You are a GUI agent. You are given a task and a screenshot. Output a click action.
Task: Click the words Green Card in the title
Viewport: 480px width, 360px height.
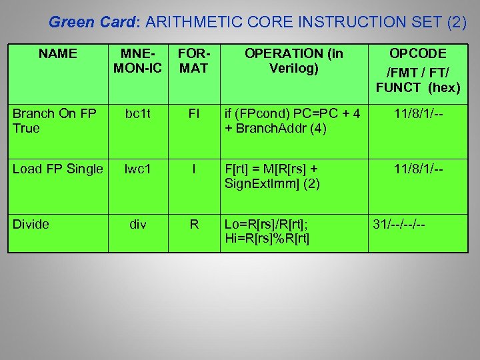pyautogui.click(x=92, y=22)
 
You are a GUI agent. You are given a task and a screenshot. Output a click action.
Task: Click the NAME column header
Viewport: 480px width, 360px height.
pyautogui.click(x=57, y=54)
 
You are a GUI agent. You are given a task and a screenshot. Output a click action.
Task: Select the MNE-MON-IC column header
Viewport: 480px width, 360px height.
pyautogui.click(x=138, y=61)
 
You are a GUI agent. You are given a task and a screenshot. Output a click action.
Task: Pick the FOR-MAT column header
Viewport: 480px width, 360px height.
pyautogui.click(x=194, y=61)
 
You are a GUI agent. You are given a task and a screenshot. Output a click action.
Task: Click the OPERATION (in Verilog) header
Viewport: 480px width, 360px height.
pyautogui.click(x=293, y=61)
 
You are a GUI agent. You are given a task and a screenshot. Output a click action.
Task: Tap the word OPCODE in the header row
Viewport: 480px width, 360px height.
pyautogui.click(x=418, y=54)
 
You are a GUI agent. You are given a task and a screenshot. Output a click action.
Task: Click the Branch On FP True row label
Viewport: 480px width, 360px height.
pyautogui.click(x=53, y=121)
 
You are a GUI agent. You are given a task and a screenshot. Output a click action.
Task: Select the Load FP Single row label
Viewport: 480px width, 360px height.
pyautogui.click(x=58, y=169)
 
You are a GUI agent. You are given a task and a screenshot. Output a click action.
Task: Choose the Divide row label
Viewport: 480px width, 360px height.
pyautogui.click(x=31, y=225)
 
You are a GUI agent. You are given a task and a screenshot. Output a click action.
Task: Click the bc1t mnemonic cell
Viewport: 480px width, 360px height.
pyautogui.click(x=138, y=114)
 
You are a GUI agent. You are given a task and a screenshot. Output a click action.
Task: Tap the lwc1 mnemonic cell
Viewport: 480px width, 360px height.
pyautogui.click(x=138, y=169)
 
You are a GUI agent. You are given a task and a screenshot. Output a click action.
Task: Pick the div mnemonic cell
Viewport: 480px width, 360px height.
pyautogui.click(x=138, y=225)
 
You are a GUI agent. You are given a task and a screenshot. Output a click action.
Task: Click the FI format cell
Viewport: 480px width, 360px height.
pyautogui.click(x=194, y=114)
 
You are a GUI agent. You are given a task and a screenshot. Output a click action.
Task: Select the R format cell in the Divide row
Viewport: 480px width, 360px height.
pyautogui.click(x=194, y=225)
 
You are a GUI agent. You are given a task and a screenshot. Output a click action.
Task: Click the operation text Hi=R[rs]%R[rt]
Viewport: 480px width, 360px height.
pyautogui.click(x=267, y=238)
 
